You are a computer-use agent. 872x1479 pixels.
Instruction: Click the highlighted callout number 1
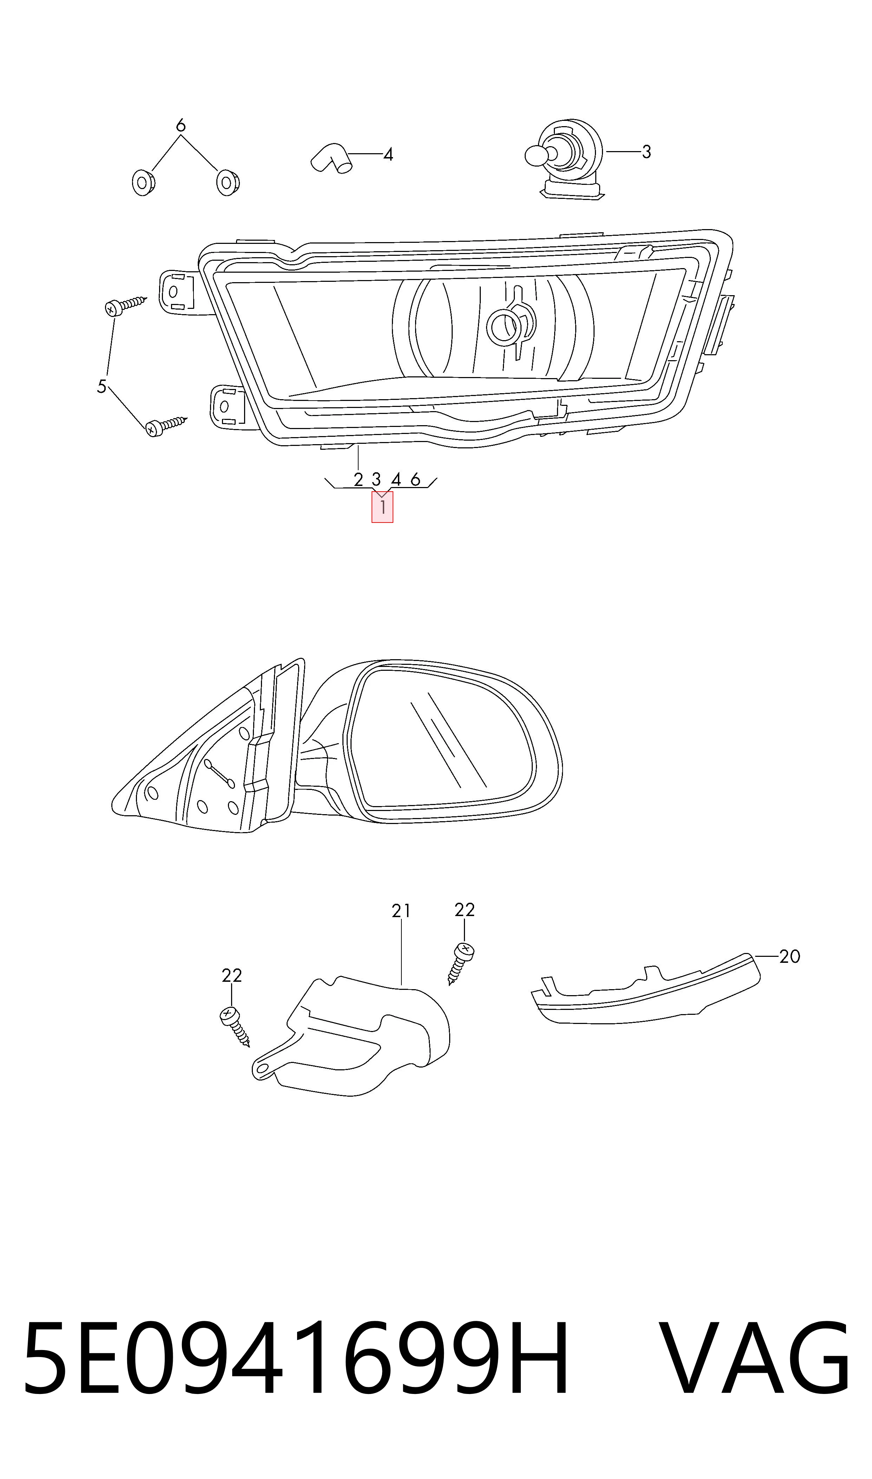tap(382, 507)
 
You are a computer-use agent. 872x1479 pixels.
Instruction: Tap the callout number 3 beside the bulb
tap(646, 152)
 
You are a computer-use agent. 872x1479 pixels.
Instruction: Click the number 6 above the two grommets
tap(181, 125)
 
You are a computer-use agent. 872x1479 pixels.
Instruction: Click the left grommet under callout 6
tap(143, 183)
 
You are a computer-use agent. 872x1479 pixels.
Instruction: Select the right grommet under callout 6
tap(228, 182)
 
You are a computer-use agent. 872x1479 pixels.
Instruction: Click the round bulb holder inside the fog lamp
tap(504, 326)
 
